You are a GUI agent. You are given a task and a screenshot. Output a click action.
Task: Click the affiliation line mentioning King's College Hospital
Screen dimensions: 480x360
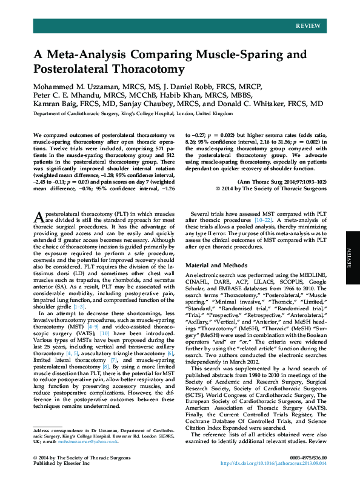click(x=133, y=113)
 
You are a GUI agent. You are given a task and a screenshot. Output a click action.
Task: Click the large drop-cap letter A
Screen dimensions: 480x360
click(x=38, y=218)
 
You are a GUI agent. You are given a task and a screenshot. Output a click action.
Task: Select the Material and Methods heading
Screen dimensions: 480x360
click(x=217, y=265)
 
